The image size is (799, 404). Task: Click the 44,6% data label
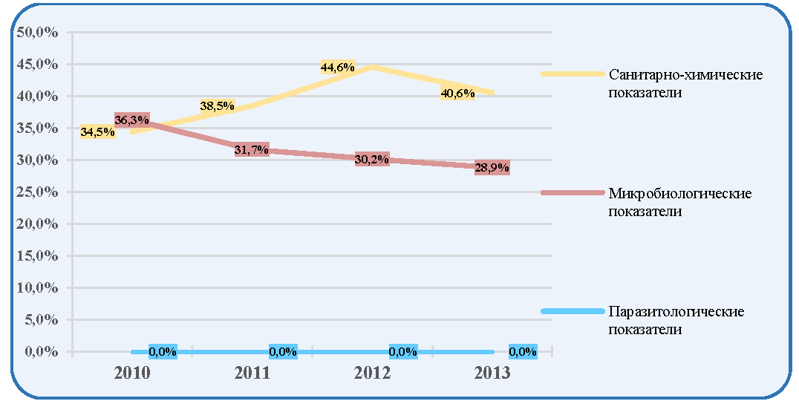[x=337, y=68]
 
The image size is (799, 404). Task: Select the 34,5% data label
[x=97, y=132]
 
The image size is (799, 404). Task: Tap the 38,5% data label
[x=217, y=106]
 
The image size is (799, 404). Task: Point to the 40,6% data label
[x=457, y=94]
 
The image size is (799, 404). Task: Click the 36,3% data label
[x=132, y=120]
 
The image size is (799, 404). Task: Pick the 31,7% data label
[x=252, y=150]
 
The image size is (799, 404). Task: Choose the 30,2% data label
[x=372, y=160]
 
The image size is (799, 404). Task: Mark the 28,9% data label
[x=492, y=168]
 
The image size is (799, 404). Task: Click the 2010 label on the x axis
[x=132, y=373]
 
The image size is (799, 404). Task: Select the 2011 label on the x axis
[x=252, y=373]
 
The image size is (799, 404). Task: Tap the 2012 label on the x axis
[x=372, y=373]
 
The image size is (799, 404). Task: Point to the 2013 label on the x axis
[x=492, y=373]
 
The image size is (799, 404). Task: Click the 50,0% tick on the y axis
[x=38, y=33]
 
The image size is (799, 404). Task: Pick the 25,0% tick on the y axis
[x=38, y=192]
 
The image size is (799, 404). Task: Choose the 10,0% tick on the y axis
[x=38, y=288]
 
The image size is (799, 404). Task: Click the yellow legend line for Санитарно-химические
[x=573, y=74]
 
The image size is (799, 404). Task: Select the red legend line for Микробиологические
[x=573, y=192]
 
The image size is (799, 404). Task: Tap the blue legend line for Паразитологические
[x=573, y=310]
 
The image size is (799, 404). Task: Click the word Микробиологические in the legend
[x=680, y=194]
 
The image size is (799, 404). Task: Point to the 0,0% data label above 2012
[x=403, y=351]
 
